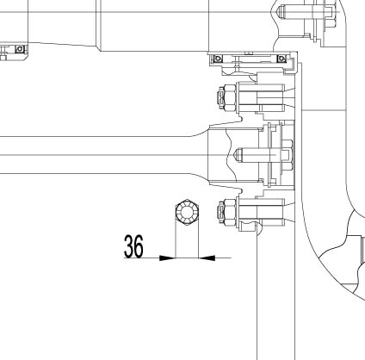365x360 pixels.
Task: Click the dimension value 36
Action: click(133, 246)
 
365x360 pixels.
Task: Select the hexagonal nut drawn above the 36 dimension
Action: click(187, 212)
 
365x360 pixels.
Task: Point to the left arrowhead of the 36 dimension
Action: click(167, 258)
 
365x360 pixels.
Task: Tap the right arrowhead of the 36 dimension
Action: click(207, 258)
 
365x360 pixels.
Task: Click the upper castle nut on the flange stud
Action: click(226, 97)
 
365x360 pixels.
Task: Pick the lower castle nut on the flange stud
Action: click(226, 212)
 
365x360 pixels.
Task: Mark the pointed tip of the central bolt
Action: click(236, 155)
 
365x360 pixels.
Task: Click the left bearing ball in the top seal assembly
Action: click(219, 59)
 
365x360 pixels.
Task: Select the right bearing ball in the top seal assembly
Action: click(281, 59)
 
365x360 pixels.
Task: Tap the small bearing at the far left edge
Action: click(20, 49)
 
